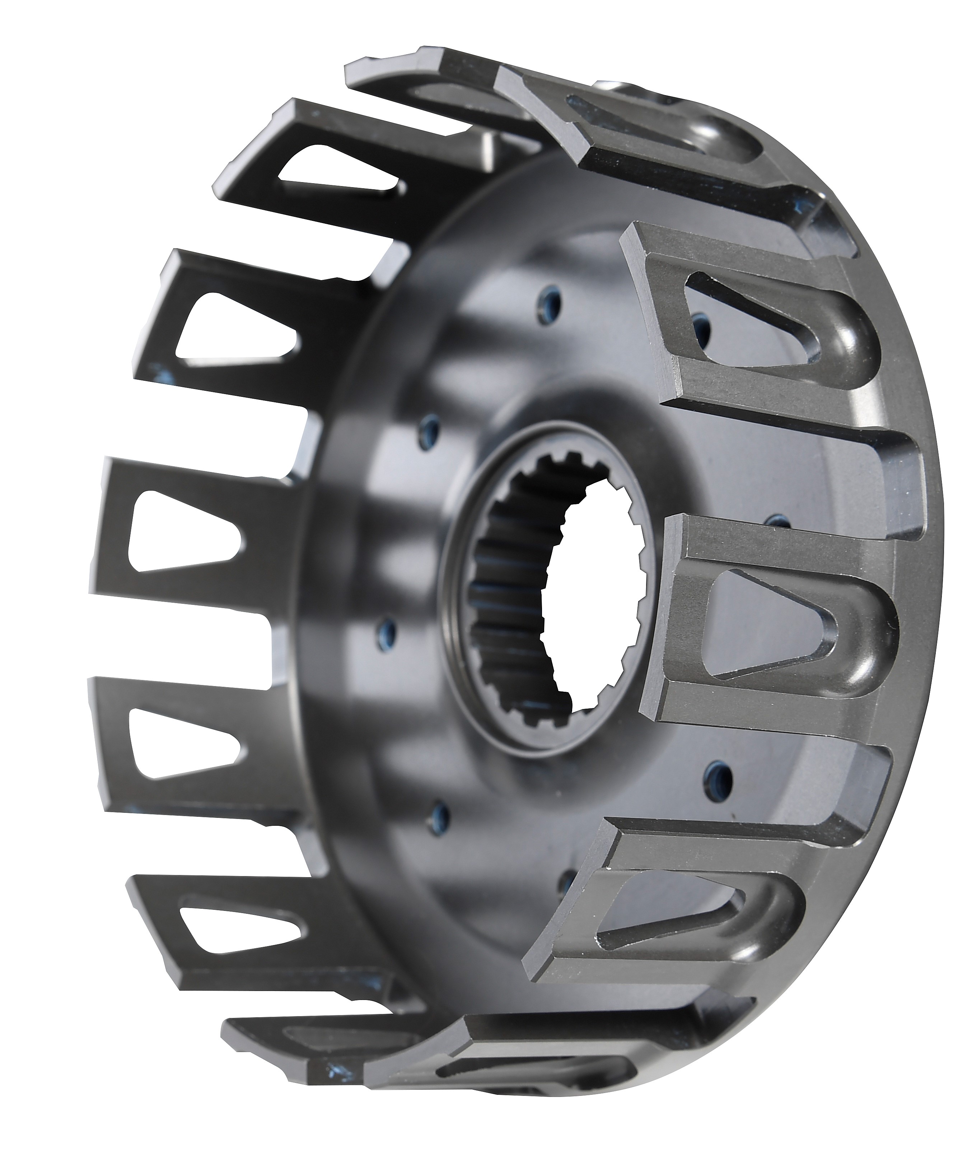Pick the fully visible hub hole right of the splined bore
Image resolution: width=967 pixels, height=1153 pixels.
pos(717,774)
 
